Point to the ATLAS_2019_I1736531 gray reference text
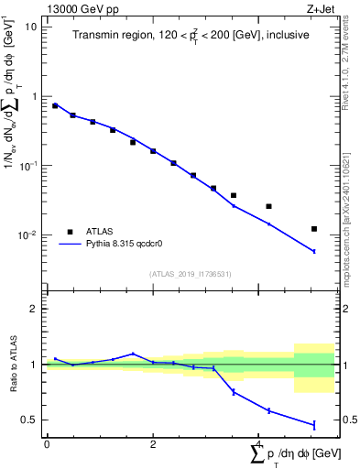pyautogui.click(x=190, y=274)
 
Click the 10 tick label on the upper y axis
pyautogui.click(x=32, y=27)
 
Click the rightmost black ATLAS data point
pyautogui.click(x=314, y=229)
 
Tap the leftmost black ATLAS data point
pyautogui.click(x=55, y=106)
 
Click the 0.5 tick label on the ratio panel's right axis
pyautogui.click(x=347, y=420)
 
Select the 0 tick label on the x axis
pyautogui.click(x=47, y=444)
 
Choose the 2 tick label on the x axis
pyautogui.click(x=153, y=444)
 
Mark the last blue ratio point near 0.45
pyautogui.click(x=314, y=425)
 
